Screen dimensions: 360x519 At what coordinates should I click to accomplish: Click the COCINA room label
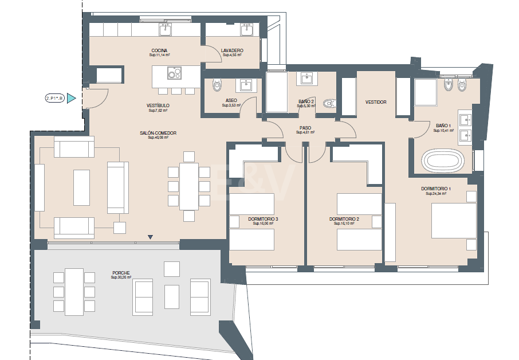(159, 50)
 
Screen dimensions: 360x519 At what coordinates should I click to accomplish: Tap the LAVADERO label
(232, 50)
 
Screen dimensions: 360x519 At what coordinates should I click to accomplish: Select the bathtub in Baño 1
(442, 161)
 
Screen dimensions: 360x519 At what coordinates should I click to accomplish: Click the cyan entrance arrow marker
(71, 99)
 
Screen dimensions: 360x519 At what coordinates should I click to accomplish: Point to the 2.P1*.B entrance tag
(54, 99)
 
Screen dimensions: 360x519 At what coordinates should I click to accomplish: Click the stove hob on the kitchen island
(174, 73)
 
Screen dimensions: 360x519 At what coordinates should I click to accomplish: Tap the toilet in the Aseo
(216, 85)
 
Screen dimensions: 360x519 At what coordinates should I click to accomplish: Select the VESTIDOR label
(376, 102)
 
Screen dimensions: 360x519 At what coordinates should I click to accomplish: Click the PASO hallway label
(305, 128)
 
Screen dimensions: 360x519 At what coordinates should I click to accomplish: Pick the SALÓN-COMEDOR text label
(158, 133)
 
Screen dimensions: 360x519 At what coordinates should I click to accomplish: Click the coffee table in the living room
(81, 187)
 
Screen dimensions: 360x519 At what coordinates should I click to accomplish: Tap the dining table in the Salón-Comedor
(188, 186)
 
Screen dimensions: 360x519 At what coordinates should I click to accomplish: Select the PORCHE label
(121, 273)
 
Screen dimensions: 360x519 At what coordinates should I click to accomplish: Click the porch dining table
(74, 291)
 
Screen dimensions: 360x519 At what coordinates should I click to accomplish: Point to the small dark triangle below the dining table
(150, 237)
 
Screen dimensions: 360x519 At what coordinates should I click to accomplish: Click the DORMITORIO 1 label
(437, 189)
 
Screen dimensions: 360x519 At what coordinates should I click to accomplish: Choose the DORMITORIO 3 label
(264, 219)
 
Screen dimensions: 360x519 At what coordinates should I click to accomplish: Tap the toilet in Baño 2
(328, 104)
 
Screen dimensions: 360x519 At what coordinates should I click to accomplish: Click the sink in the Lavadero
(247, 29)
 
